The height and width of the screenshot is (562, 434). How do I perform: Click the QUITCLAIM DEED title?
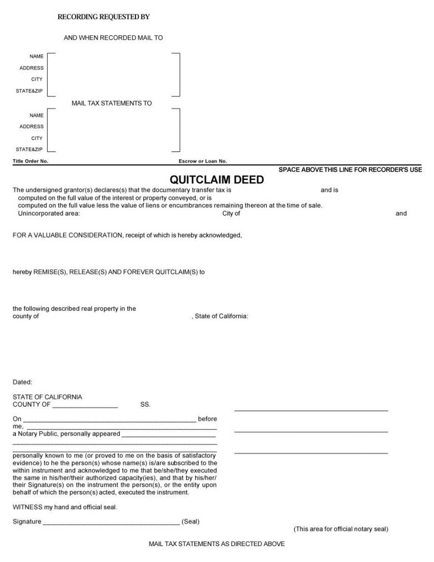[217, 179]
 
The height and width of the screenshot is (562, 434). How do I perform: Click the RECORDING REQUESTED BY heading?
[104, 17]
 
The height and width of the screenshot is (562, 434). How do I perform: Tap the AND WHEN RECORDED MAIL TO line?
[113, 38]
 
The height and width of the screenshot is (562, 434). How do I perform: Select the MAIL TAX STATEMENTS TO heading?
[112, 103]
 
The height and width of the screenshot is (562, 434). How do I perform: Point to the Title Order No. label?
[31, 161]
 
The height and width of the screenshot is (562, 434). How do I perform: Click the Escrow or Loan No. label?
[202, 161]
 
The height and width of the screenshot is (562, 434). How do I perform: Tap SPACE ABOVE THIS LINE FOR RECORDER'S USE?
[350, 170]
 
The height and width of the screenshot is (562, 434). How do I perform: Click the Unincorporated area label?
[49, 213]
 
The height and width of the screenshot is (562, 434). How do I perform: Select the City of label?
[231, 213]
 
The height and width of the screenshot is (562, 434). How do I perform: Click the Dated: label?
[22, 381]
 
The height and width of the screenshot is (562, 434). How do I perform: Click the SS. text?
[145, 404]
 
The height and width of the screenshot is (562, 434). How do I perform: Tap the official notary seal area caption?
[341, 529]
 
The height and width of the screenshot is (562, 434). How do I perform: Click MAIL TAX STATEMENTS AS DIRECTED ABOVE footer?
[217, 544]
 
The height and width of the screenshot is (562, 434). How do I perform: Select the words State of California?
[222, 316]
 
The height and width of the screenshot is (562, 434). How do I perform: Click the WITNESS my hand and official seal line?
[65, 507]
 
